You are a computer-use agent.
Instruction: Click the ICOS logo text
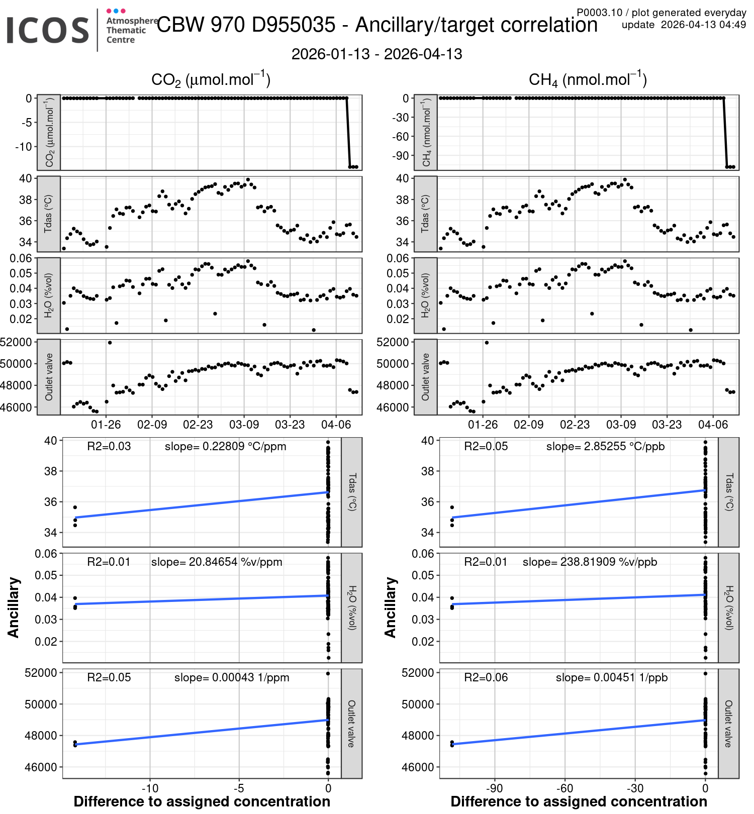(x=48, y=30)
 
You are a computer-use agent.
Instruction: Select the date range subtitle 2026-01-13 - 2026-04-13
(x=376, y=54)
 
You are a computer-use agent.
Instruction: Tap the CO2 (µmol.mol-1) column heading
(x=211, y=79)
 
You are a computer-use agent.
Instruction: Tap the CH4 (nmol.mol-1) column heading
(x=588, y=79)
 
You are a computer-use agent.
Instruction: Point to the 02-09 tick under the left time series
(x=152, y=425)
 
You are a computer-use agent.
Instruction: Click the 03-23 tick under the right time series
(x=667, y=425)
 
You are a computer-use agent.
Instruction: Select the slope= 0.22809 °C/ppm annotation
(x=225, y=447)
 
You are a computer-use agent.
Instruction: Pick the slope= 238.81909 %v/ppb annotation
(x=590, y=562)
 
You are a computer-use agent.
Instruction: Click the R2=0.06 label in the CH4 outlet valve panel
(x=486, y=678)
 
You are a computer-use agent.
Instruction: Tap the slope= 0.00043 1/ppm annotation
(x=232, y=678)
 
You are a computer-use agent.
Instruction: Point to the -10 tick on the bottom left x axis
(x=150, y=788)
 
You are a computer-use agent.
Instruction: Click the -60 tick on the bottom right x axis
(x=564, y=788)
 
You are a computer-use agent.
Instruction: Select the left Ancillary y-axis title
(x=14, y=607)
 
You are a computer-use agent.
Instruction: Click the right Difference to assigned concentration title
(x=579, y=802)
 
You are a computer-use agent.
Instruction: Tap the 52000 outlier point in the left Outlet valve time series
(x=110, y=343)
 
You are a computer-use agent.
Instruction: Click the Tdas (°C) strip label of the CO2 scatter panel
(x=352, y=492)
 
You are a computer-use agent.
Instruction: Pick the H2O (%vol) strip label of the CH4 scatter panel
(x=729, y=607)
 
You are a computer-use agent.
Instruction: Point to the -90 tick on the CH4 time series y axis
(x=401, y=156)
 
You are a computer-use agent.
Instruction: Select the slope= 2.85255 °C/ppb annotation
(x=605, y=447)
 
